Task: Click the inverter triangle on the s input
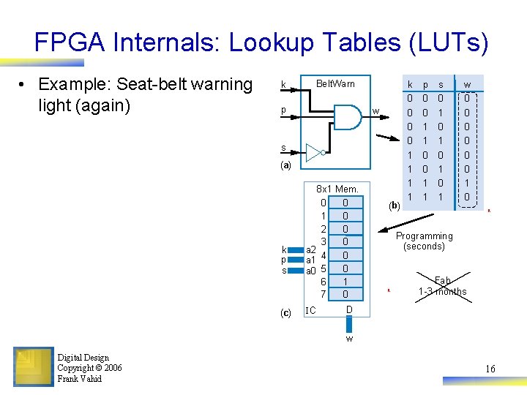tap(314, 152)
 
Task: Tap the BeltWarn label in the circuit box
tap(334, 84)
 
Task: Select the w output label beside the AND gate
tap(375, 112)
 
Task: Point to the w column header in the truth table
tap(467, 85)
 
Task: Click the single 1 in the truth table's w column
tap(467, 183)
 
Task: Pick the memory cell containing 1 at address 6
tap(345, 282)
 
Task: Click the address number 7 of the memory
tap(323, 294)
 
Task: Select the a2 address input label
tap(310, 249)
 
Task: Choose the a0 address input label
tap(310, 271)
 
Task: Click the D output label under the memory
tap(349, 310)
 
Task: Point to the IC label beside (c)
tap(310, 311)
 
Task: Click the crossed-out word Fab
tap(442, 280)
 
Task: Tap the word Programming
tap(424, 236)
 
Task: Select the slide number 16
tap(490, 369)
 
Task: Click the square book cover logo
tap(33, 367)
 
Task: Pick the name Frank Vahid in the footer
tap(80, 379)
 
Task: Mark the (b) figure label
tap(394, 206)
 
